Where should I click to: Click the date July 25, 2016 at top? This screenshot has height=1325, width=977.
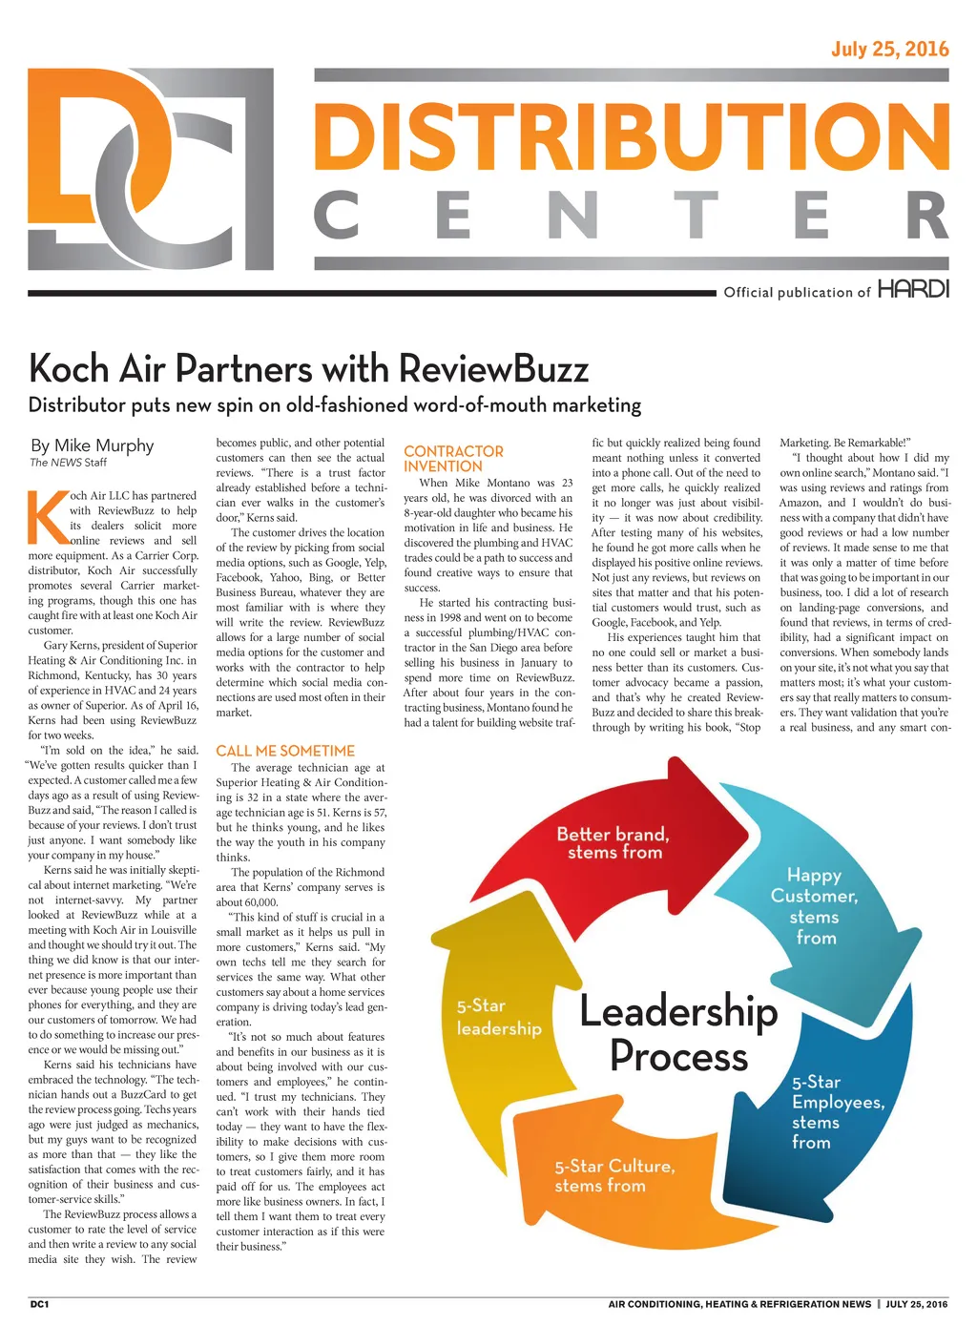pos(889,50)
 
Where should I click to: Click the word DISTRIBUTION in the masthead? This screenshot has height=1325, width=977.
pos(631,135)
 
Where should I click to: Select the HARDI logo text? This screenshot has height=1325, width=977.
pos(913,289)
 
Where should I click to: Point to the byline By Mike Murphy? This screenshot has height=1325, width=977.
pos(92,445)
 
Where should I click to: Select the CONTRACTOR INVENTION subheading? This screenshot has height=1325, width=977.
pos(453,459)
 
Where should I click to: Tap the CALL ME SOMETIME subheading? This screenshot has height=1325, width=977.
pos(285,751)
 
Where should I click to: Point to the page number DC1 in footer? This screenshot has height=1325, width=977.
pos(39,1304)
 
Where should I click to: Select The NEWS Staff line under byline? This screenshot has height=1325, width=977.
pos(68,463)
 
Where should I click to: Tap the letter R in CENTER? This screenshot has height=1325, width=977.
pos(926,216)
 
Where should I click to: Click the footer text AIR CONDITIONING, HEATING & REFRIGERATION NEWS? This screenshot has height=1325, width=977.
pos(739,1304)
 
